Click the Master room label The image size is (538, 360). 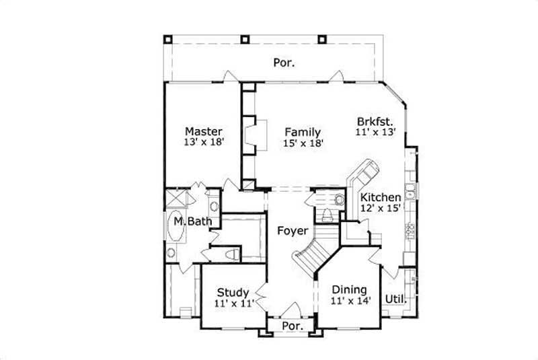[204, 131]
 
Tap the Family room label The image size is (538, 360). [302, 132]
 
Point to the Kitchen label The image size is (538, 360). [380, 197]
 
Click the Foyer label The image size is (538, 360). [293, 231]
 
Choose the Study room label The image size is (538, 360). [233, 293]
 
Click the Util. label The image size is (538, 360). [395, 299]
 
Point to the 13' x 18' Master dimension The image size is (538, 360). [203, 143]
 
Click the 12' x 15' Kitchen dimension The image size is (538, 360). [381, 209]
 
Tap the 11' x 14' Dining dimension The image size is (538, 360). [350, 301]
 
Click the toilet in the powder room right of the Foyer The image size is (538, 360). [328, 215]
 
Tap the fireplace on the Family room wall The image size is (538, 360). [253, 133]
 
